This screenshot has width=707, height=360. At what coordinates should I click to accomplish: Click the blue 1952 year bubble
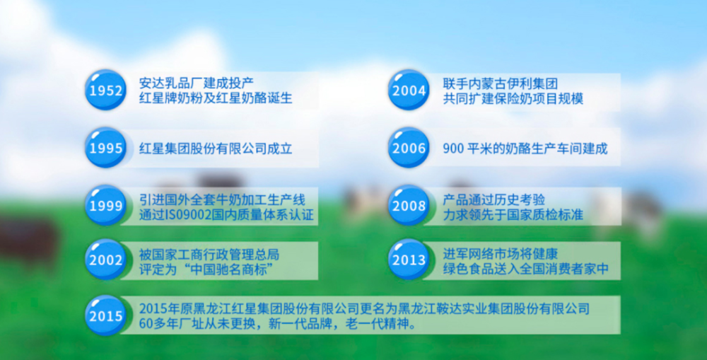[105, 91]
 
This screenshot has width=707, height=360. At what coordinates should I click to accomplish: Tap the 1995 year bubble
[105, 148]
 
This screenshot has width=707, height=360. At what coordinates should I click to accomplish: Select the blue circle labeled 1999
[105, 205]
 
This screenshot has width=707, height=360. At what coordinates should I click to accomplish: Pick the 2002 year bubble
[105, 260]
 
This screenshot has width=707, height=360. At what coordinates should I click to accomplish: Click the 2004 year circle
[409, 91]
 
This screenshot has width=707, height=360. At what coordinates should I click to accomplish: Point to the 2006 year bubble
[409, 148]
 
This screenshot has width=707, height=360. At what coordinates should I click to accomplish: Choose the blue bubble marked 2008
[409, 205]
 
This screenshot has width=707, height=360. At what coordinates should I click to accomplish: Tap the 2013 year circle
[409, 260]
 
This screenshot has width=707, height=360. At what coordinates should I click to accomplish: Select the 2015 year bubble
[105, 315]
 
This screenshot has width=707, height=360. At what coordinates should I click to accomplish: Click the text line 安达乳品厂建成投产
[197, 83]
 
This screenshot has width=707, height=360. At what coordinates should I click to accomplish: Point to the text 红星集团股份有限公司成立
[216, 148]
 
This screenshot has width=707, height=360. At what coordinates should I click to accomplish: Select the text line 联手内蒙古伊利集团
[500, 83]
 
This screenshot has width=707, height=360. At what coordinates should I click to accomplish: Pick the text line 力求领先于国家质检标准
[513, 214]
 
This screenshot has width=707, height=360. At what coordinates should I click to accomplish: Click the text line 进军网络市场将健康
[500, 253]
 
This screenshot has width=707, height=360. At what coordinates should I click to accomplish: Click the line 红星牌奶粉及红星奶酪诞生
[216, 98]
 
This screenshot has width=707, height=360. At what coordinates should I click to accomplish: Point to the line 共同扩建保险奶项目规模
[513, 98]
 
